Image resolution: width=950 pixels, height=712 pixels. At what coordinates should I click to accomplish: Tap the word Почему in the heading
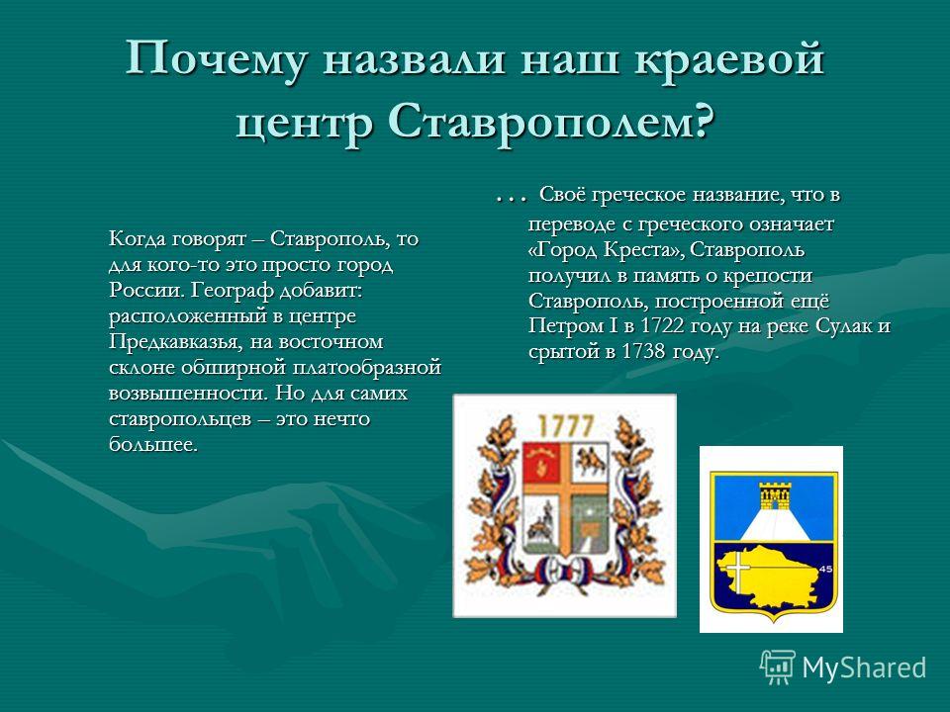[x=217, y=59]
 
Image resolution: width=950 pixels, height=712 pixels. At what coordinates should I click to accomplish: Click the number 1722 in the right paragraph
[x=662, y=325]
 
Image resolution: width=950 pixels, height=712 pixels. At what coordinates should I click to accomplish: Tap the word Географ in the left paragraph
[x=233, y=291]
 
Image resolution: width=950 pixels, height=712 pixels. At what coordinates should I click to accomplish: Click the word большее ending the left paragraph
[x=153, y=445]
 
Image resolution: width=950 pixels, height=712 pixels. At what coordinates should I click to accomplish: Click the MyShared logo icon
[x=778, y=667]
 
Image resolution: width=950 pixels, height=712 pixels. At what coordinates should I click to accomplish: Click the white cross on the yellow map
[x=738, y=568]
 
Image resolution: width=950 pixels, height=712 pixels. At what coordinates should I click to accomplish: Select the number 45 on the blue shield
[x=825, y=569]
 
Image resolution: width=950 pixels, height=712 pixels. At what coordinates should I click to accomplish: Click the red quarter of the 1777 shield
[x=542, y=462]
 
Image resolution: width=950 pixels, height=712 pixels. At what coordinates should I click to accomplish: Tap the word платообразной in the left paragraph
[x=367, y=368]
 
